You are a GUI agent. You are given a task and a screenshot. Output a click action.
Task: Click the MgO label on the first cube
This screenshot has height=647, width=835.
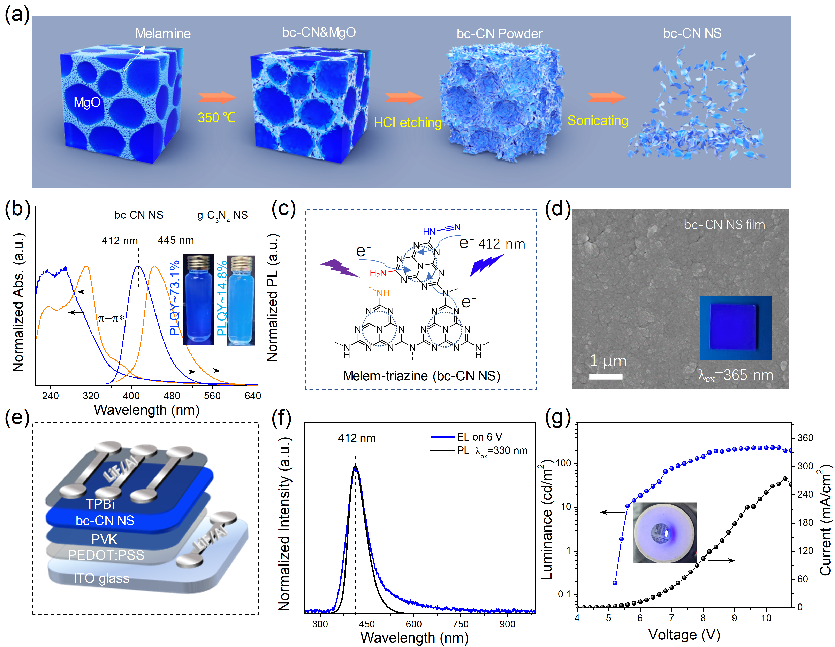point(87,102)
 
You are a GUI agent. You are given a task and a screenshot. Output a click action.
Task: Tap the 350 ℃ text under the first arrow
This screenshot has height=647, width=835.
point(216,117)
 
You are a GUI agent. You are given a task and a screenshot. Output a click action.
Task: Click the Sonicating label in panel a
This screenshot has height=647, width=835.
point(598,121)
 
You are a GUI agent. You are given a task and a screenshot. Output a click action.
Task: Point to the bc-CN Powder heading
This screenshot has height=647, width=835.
point(499,34)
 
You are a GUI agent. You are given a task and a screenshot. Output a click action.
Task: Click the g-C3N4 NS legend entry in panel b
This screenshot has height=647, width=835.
point(222,216)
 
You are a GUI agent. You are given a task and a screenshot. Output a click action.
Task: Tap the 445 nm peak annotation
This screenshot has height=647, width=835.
point(176,240)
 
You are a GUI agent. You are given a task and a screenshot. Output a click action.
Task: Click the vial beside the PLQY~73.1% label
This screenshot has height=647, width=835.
point(198,299)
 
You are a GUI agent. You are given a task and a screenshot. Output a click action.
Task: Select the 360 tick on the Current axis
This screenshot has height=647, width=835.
point(805,438)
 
